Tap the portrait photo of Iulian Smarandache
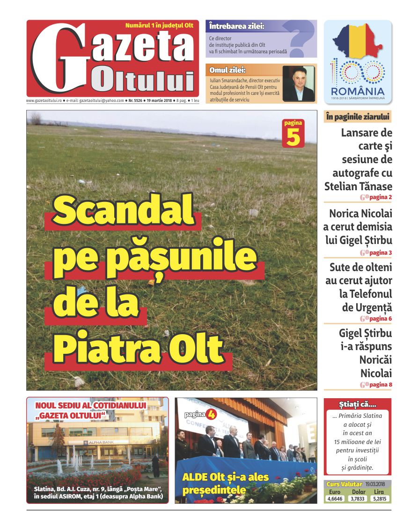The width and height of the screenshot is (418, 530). pyautogui.click(x=299, y=84)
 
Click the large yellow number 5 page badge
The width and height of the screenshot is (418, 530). pyautogui.click(x=293, y=137)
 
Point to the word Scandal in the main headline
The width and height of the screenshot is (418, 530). pyautogui.click(x=123, y=210)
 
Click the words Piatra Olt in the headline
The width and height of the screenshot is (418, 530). pyautogui.click(x=138, y=346)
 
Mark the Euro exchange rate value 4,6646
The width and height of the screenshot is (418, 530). pyautogui.click(x=335, y=499)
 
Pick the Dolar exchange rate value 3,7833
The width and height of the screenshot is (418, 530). pyautogui.click(x=358, y=499)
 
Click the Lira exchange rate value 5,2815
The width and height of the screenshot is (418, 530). pyautogui.click(x=381, y=499)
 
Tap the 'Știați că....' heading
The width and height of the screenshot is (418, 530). pyautogui.click(x=357, y=404)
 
